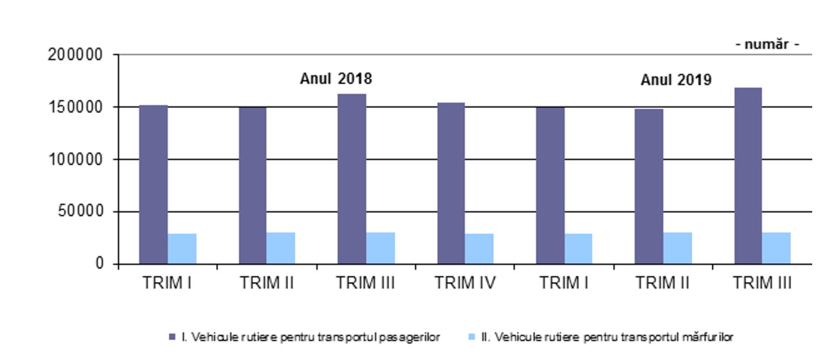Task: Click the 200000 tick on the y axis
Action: click(x=75, y=55)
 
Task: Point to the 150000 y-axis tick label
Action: click(x=75, y=107)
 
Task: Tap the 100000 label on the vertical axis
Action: click(x=75, y=159)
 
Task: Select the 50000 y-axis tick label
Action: click(x=79, y=211)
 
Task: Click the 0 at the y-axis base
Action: click(x=98, y=264)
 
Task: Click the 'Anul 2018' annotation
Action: click(x=336, y=79)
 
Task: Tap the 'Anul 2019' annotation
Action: click(x=676, y=80)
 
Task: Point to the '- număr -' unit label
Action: click(x=767, y=44)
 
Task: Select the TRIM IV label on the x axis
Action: click(x=465, y=283)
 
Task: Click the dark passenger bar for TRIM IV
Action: click(x=451, y=183)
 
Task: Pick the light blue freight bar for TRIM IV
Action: click(x=479, y=248)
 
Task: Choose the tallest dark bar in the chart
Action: click(x=748, y=176)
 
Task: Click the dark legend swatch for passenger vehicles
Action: click(x=173, y=337)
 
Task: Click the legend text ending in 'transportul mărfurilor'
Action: click(x=607, y=337)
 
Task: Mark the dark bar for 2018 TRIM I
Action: click(x=153, y=184)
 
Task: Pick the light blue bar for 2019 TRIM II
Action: click(x=677, y=248)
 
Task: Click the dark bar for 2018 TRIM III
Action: click(x=352, y=178)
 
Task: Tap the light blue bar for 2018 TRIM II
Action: click(x=281, y=248)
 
